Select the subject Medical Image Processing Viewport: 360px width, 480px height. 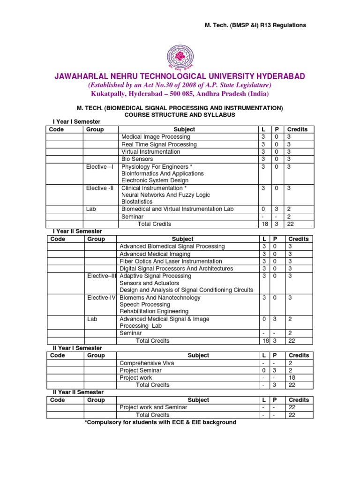tap(156, 137)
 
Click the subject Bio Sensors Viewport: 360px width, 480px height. tap(137, 159)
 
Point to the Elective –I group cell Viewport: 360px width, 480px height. tap(100, 167)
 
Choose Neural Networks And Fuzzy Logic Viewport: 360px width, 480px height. tap(165, 195)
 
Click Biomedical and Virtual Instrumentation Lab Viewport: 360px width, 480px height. tap(177, 209)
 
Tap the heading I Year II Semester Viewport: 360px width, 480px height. tap(77, 232)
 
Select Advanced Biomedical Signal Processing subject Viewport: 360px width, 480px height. tap(172, 247)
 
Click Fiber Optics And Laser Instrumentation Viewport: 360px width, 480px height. tap(171, 261)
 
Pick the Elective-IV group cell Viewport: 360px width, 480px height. tap(102, 298)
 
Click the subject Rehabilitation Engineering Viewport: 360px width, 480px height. tap(154, 311)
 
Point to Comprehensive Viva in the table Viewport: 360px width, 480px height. tap(147, 363)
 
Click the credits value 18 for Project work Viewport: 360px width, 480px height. tap(292, 378)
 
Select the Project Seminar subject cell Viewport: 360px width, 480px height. tap(141, 370)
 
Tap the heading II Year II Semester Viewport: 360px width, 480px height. tap(78, 392)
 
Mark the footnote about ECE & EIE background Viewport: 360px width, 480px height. tap(160, 422)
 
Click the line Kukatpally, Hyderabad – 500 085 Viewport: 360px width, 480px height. tap(180, 93)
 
